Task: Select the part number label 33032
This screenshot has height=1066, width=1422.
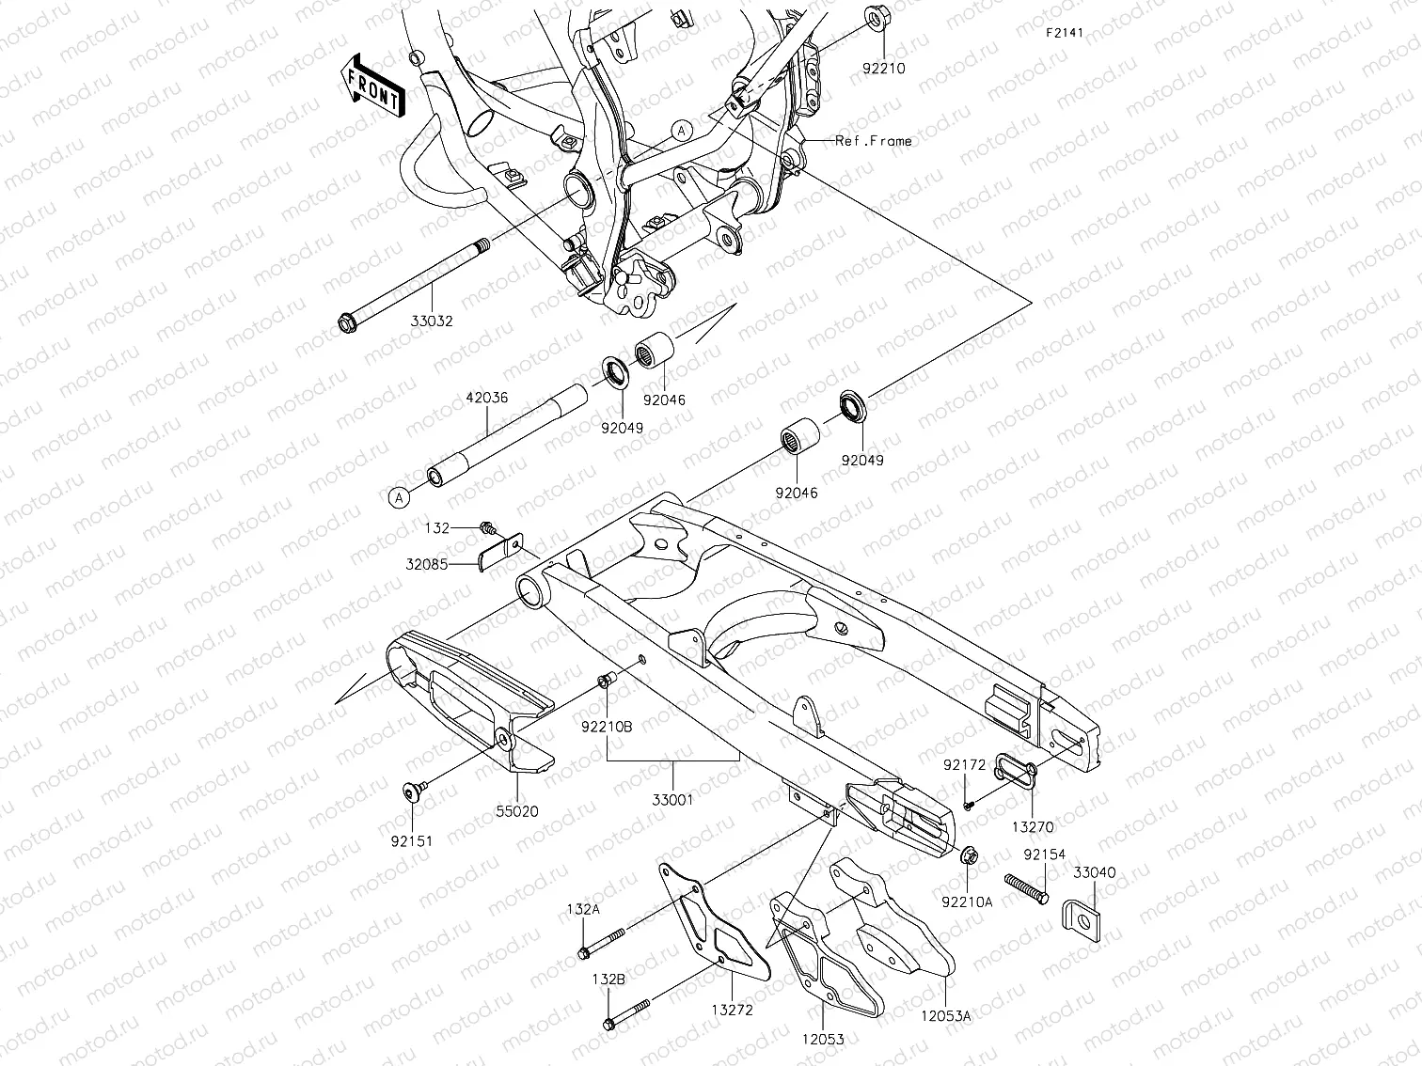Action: [x=432, y=321]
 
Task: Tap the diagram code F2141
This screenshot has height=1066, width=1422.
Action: [x=1065, y=32]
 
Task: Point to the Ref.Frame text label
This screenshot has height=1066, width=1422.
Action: [x=874, y=141]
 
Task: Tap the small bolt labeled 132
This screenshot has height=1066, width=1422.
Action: [x=487, y=528]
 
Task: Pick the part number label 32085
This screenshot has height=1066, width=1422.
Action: [x=427, y=565]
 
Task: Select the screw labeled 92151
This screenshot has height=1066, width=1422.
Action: [x=412, y=792]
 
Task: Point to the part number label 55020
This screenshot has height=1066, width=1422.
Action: [x=517, y=811]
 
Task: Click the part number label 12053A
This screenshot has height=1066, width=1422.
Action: [x=945, y=1016]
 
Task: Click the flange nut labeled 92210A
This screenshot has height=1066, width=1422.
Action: [x=966, y=855]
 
